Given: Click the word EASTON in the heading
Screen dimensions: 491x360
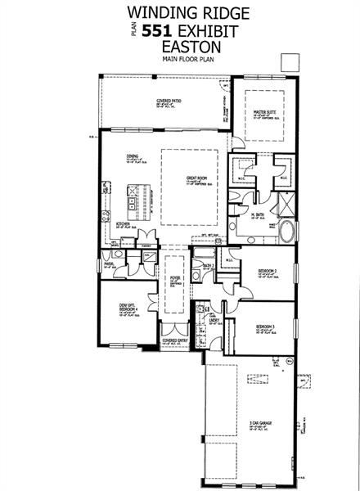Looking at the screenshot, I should pos(179,47).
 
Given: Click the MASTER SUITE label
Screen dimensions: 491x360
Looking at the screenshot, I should pos(263,112).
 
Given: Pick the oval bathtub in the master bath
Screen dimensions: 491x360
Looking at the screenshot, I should pos(289,232).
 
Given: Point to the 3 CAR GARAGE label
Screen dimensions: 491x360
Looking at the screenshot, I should pos(263,423).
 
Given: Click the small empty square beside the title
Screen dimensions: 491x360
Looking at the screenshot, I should pos(288,62).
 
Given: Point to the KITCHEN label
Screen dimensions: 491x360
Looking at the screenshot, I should pos(123,223).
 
